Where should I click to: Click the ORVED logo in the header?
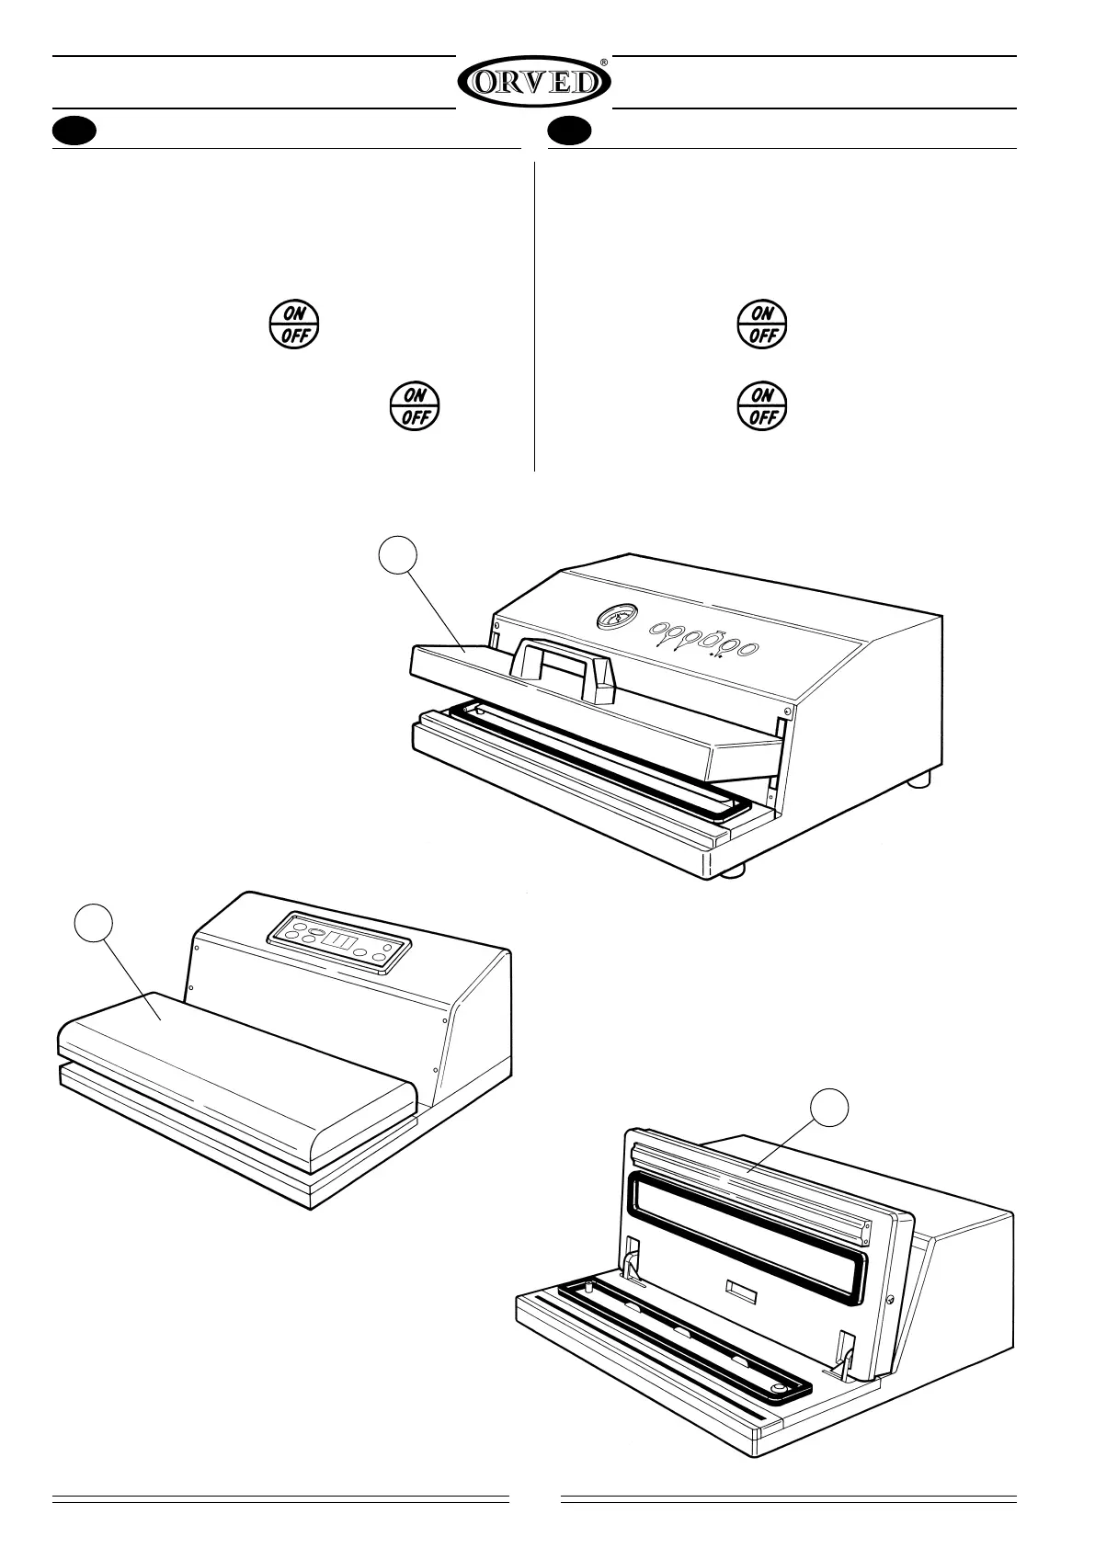533,83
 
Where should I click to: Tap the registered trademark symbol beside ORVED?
604,63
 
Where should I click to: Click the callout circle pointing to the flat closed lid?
94,923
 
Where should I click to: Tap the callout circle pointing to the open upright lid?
831,1108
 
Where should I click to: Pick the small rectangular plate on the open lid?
741,1292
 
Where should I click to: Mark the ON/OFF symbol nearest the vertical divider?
416,405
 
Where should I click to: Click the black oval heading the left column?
74,131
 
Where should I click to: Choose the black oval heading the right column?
570,131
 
